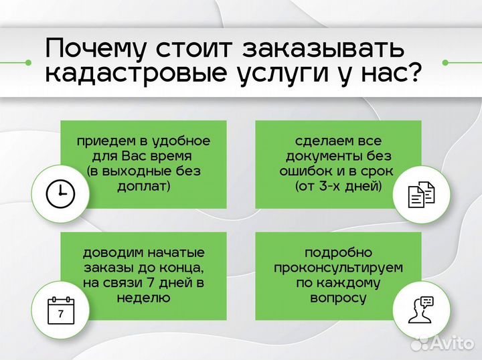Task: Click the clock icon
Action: [60, 193]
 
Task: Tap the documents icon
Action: [421, 194]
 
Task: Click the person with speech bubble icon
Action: [421, 309]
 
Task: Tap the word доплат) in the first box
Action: [144, 186]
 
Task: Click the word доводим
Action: [110, 253]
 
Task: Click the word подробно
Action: [337, 253]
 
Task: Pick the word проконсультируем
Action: [337, 268]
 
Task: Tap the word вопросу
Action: [337, 298]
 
